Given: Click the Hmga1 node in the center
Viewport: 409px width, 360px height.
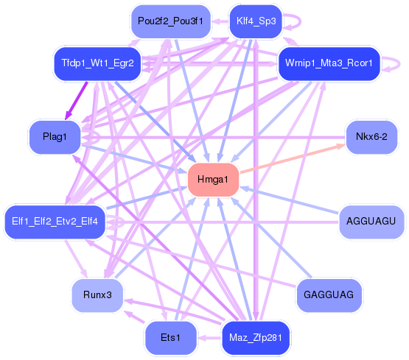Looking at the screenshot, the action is pos(213,180).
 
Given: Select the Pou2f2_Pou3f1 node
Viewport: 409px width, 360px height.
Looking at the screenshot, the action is pos(170,21).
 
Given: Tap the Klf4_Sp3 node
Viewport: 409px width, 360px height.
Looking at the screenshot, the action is pos(256,21).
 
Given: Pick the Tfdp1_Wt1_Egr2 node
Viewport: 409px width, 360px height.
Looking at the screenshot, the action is pos(97,63).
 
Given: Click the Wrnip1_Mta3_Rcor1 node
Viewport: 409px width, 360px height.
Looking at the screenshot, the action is pos(329,63).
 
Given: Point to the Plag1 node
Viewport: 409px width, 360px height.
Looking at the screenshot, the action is pos(55,137).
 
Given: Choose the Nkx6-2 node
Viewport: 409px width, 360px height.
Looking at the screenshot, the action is pos(371,137).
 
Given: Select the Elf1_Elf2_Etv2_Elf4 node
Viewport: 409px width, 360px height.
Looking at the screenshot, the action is pos(55,222).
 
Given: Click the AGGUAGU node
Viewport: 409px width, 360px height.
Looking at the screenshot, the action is pos(371,222).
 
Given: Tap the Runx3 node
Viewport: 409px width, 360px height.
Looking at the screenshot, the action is pos(97,295).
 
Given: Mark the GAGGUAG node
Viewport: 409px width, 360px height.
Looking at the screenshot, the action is pos(329,295).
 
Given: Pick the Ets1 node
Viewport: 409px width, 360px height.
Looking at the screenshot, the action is pos(170,338).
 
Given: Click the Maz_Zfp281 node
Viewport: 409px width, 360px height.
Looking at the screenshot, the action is pos(256,338).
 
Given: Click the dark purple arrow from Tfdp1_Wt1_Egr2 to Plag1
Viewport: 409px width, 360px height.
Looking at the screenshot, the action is pos(76,101).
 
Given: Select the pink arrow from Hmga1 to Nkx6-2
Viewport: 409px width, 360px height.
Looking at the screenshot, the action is pos(293,158).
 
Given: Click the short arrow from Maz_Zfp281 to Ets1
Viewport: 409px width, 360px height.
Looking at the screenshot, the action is pos(209,338).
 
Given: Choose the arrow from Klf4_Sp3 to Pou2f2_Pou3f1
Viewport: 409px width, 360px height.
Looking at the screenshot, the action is pos(220,21).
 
